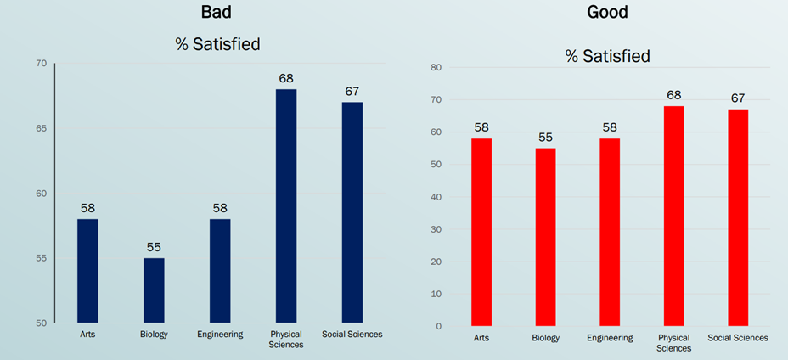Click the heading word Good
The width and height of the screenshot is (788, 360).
click(x=607, y=13)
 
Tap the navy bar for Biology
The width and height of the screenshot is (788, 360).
click(x=154, y=290)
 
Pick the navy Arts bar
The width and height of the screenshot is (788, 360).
click(x=88, y=271)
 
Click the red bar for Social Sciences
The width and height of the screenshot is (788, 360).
click(x=738, y=217)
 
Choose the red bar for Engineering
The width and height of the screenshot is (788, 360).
click(x=610, y=232)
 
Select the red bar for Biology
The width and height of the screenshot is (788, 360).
click(x=545, y=237)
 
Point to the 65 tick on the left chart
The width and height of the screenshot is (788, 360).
click(x=42, y=128)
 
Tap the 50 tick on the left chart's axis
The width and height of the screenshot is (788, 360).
click(x=42, y=323)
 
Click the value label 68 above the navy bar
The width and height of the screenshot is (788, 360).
click(x=286, y=78)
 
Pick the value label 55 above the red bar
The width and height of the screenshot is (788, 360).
click(x=545, y=137)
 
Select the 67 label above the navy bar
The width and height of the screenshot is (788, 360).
click(x=352, y=91)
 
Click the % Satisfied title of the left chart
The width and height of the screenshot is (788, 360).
click(x=217, y=43)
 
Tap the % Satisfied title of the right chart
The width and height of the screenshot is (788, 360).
click(x=607, y=56)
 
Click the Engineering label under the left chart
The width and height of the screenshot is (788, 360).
click(x=219, y=335)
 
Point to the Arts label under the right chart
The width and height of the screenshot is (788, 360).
click(x=481, y=338)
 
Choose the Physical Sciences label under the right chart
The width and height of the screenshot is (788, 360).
click(x=673, y=342)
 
